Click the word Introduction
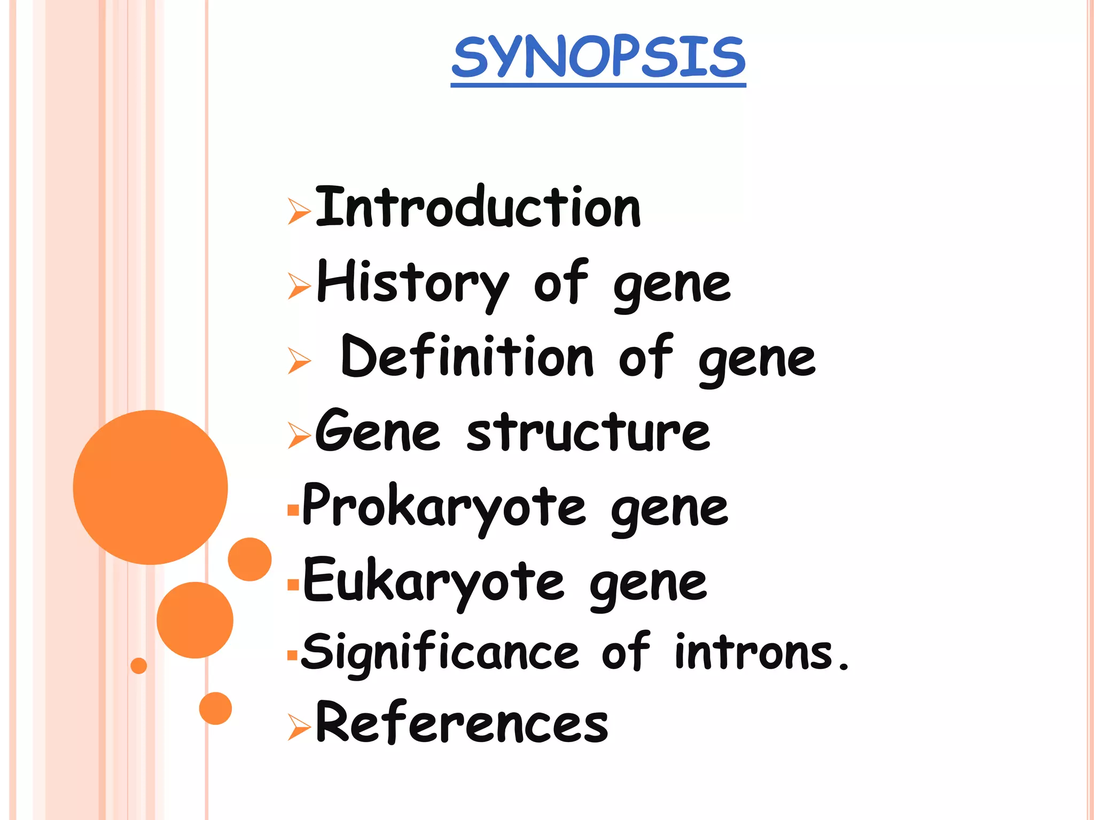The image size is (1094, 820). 478,207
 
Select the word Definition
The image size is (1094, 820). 467,357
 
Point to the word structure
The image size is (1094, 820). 588,432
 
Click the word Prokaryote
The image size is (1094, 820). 443,507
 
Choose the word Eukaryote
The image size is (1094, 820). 433,581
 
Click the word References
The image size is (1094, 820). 462,723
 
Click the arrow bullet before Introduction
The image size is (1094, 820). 299,211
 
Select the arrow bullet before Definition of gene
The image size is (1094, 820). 299,360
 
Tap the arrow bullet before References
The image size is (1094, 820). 299,727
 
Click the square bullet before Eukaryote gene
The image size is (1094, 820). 293,585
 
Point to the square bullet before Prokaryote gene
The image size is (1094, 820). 293,510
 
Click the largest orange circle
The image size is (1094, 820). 150,487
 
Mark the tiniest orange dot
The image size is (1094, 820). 138,665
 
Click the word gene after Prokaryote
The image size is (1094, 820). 669,510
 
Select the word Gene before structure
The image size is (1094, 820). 377,431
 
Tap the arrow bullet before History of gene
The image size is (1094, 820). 299,286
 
